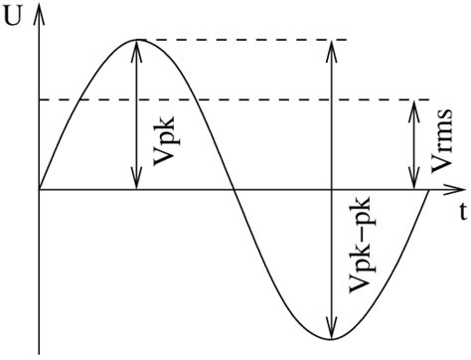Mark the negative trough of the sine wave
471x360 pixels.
tap(331, 336)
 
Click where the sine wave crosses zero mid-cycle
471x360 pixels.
tap(235, 188)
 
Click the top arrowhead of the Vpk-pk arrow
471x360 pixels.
tap(331, 48)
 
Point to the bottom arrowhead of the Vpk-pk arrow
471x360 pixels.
tap(331, 328)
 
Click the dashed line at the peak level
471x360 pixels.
tap(248, 40)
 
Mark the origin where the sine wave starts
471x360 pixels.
tap(39, 188)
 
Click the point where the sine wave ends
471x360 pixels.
tap(428, 188)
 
